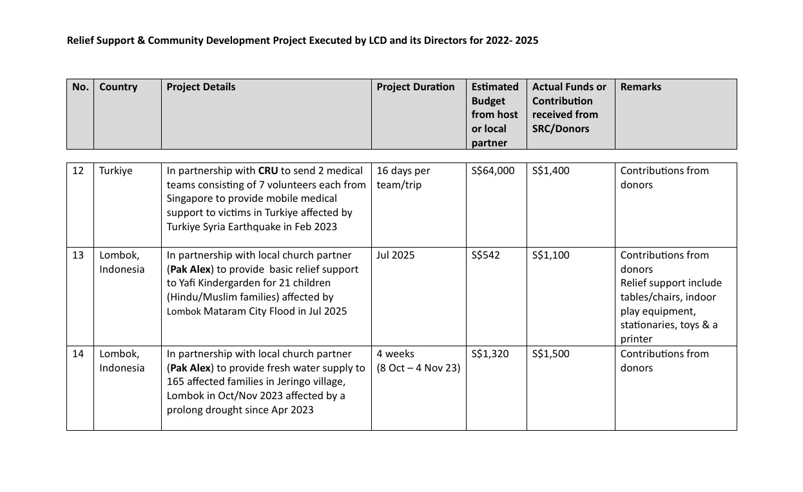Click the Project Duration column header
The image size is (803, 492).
coord(415,87)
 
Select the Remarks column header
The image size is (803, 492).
coord(641,87)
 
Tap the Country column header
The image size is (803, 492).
coord(118,87)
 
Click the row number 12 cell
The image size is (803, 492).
coord(78,171)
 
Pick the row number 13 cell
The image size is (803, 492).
coord(78,255)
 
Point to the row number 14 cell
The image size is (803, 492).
coord(78,354)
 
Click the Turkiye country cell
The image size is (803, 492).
coord(116,171)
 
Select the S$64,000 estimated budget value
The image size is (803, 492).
coord(493,171)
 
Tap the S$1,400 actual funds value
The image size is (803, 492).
coord(550,171)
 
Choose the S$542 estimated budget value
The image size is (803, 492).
coord(485,255)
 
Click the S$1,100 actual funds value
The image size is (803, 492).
coord(550,255)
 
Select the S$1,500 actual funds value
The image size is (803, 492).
coord(550,354)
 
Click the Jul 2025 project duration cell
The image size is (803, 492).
coord(396,255)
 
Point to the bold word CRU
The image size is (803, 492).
coord(268,171)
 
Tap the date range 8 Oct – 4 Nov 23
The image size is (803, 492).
coord(418,368)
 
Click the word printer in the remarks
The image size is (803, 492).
coord(636,339)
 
